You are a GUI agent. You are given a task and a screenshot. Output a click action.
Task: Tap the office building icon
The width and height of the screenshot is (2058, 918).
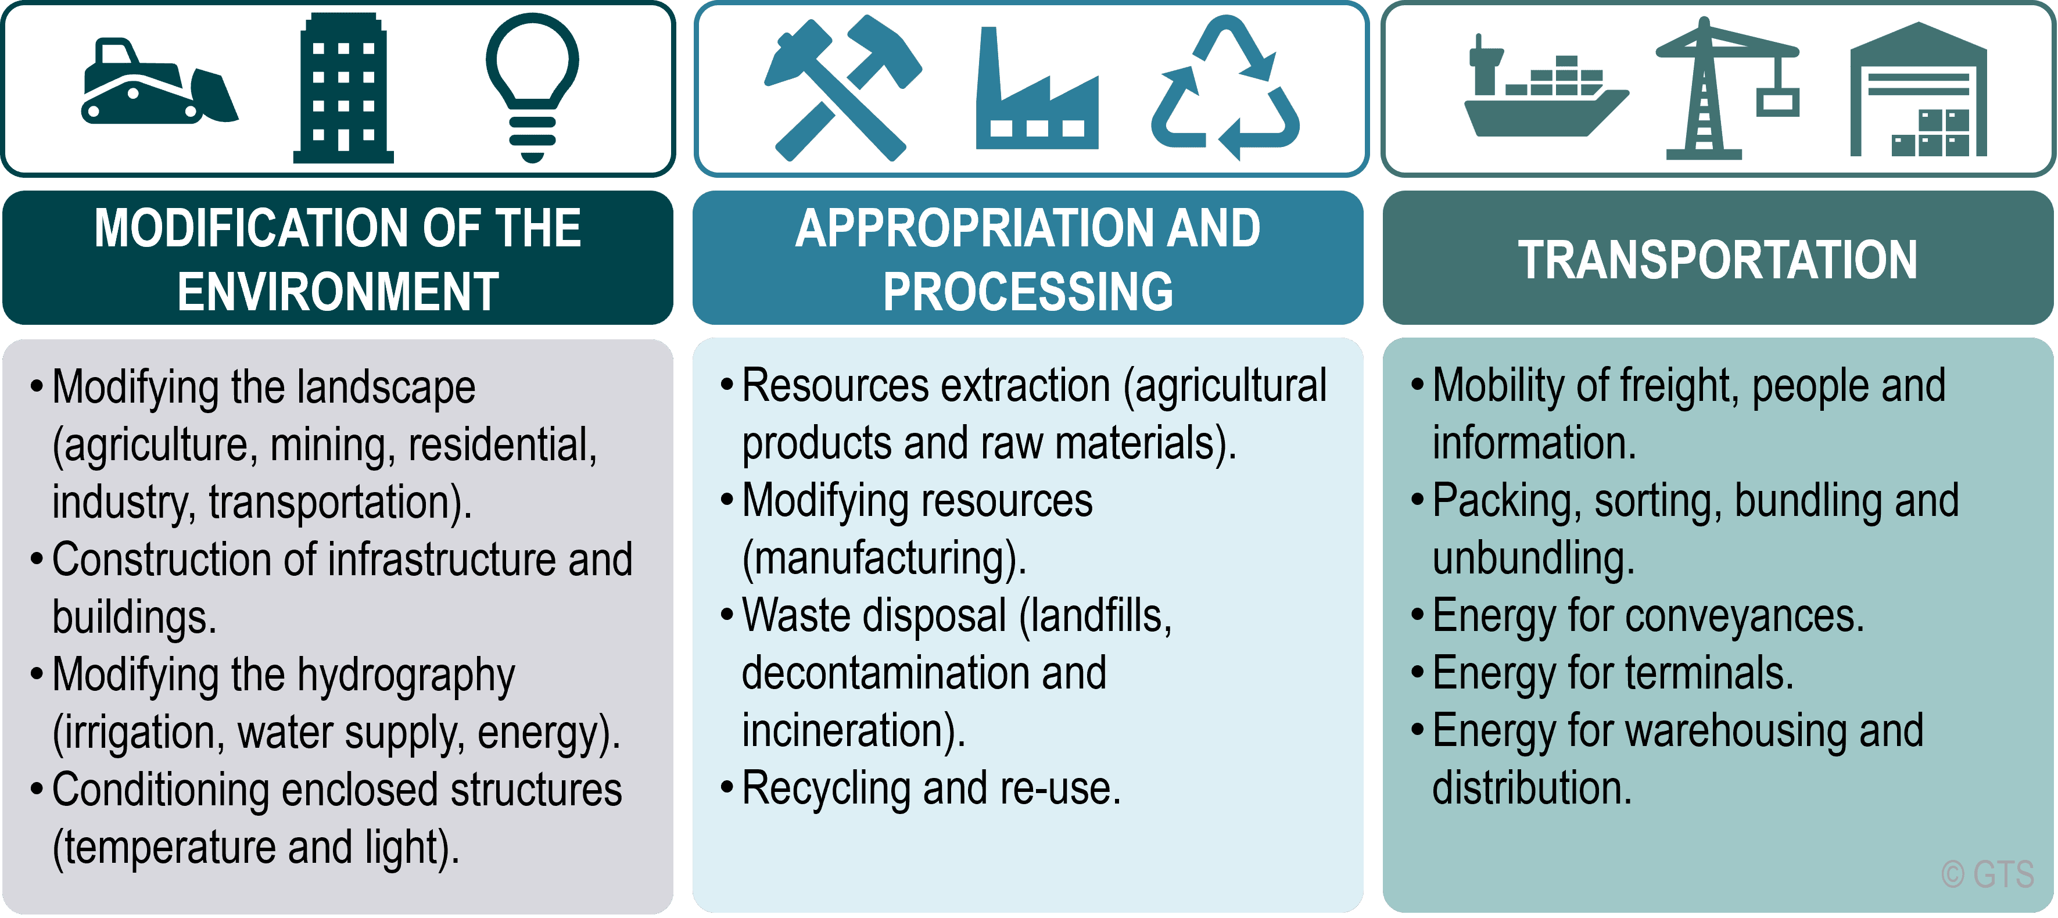343,88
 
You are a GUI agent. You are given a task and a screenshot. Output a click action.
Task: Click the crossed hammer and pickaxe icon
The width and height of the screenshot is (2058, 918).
843,88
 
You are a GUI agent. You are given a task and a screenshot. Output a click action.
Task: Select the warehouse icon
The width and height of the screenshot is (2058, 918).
1918,89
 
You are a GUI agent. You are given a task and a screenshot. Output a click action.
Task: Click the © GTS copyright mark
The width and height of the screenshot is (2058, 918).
1988,875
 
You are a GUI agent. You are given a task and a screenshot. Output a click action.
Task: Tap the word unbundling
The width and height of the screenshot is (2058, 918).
1533,560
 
